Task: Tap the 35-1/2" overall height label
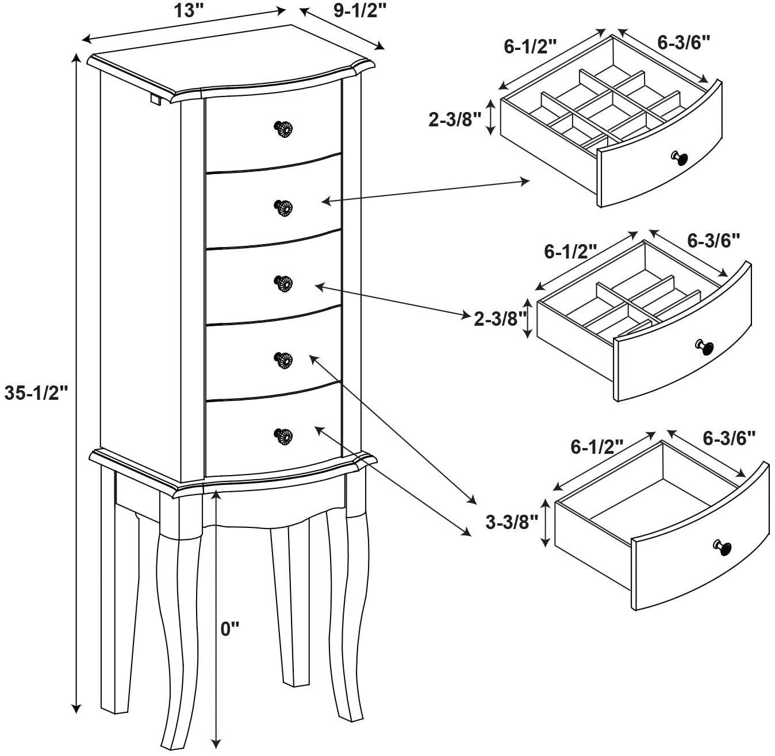click(36, 393)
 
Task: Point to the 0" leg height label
click(229, 629)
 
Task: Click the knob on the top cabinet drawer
click(283, 129)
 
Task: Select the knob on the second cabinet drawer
click(283, 207)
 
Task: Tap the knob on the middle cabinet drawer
click(283, 283)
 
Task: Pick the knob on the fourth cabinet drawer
click(283, 360)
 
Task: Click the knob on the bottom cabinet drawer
click(283, 436)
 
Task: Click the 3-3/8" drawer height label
click(512, 522)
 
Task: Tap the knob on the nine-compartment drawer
click(680, 158)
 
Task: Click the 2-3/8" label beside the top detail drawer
click(454, 119)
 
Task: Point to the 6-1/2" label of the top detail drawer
click(530, 47)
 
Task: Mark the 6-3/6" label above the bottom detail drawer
click(729, 438)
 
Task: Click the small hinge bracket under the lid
click(155, 99)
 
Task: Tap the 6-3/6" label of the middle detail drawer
click(713, 240)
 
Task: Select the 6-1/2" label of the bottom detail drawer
click(597, 446)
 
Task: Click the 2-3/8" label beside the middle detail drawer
click(500, 319)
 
